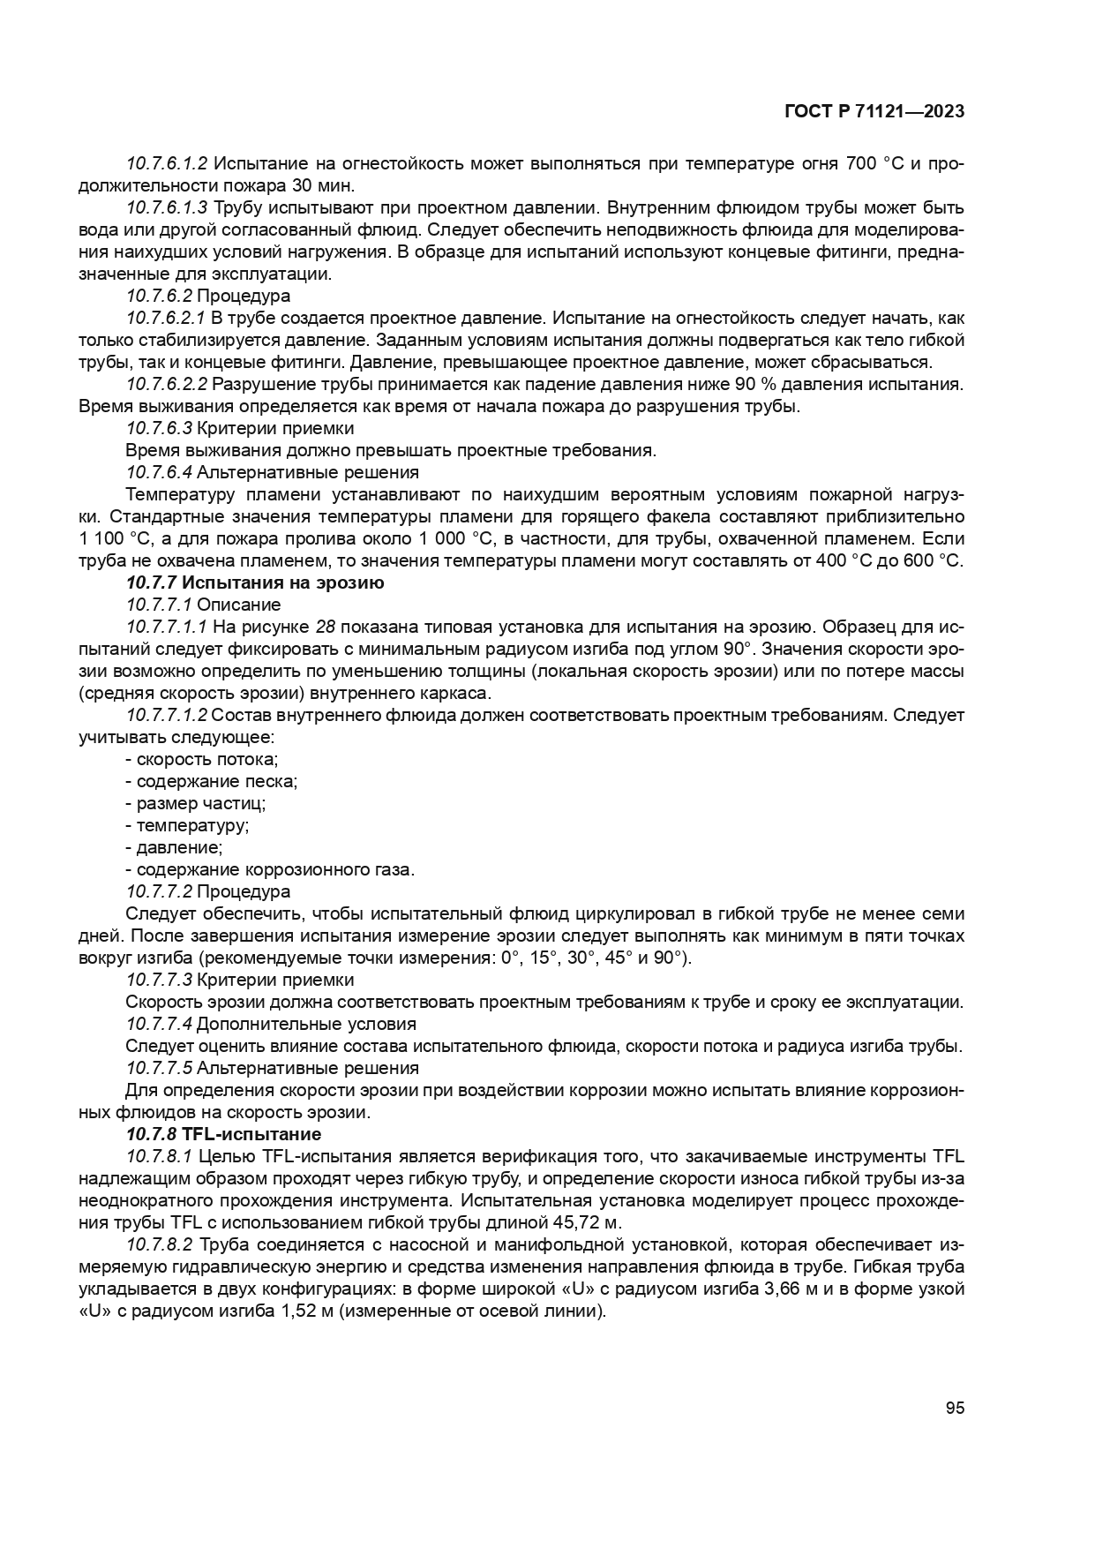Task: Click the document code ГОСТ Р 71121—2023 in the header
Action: coord(874,111)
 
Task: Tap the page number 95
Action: coord(955,1408)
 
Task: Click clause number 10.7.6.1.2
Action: coord(167,164)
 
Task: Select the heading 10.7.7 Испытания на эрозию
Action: coord(255,582)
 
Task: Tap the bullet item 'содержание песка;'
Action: coord(212,781)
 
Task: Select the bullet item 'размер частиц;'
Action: coord(196,803)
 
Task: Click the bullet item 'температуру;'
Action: coord(187,825)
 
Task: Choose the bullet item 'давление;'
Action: coord(174,847)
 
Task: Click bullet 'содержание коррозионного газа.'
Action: coord(270,869)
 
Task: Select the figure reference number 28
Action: coord(325,627)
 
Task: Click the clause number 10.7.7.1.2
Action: coord(167,715)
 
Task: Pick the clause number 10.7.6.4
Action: coord(159,472)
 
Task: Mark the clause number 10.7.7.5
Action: coord(159,1068)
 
